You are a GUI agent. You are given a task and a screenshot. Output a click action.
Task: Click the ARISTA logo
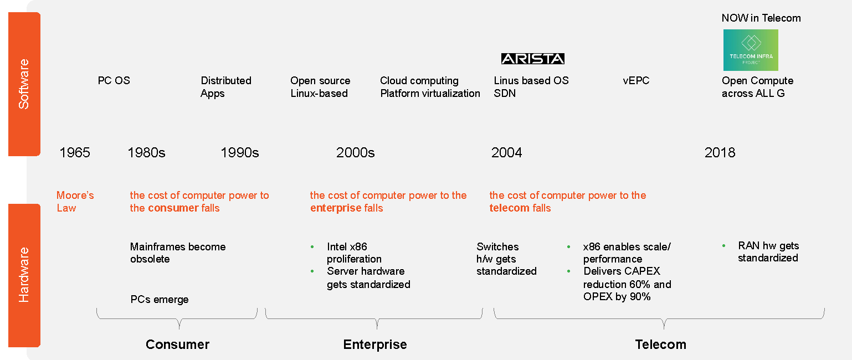532,59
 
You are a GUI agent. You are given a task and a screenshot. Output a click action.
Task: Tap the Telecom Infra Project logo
751,50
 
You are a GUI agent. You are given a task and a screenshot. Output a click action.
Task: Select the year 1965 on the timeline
75,152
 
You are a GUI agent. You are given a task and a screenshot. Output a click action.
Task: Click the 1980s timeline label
146,152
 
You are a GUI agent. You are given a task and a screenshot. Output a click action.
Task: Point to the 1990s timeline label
240,152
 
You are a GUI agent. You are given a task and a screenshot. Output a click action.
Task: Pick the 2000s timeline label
355,152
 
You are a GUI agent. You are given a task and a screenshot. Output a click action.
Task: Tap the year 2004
507,152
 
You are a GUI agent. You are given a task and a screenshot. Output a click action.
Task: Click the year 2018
720,152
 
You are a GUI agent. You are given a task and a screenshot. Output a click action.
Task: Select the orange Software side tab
24,84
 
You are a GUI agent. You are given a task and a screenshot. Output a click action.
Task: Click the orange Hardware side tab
24,275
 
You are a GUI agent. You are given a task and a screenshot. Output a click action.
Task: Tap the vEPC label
636,81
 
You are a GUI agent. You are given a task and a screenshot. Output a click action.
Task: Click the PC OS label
114,81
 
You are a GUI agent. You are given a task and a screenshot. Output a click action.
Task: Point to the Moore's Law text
75,202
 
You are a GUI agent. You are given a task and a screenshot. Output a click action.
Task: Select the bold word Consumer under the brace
177,344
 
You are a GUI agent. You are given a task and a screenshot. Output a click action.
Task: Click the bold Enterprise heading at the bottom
375,344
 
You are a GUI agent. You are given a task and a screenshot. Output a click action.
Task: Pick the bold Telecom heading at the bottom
661,344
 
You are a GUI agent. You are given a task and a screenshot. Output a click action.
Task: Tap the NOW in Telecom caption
761,18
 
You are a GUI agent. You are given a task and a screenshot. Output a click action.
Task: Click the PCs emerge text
160,300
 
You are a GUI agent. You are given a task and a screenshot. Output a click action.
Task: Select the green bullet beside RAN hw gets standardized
724,246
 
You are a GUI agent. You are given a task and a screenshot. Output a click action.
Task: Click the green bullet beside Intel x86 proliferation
312,247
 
